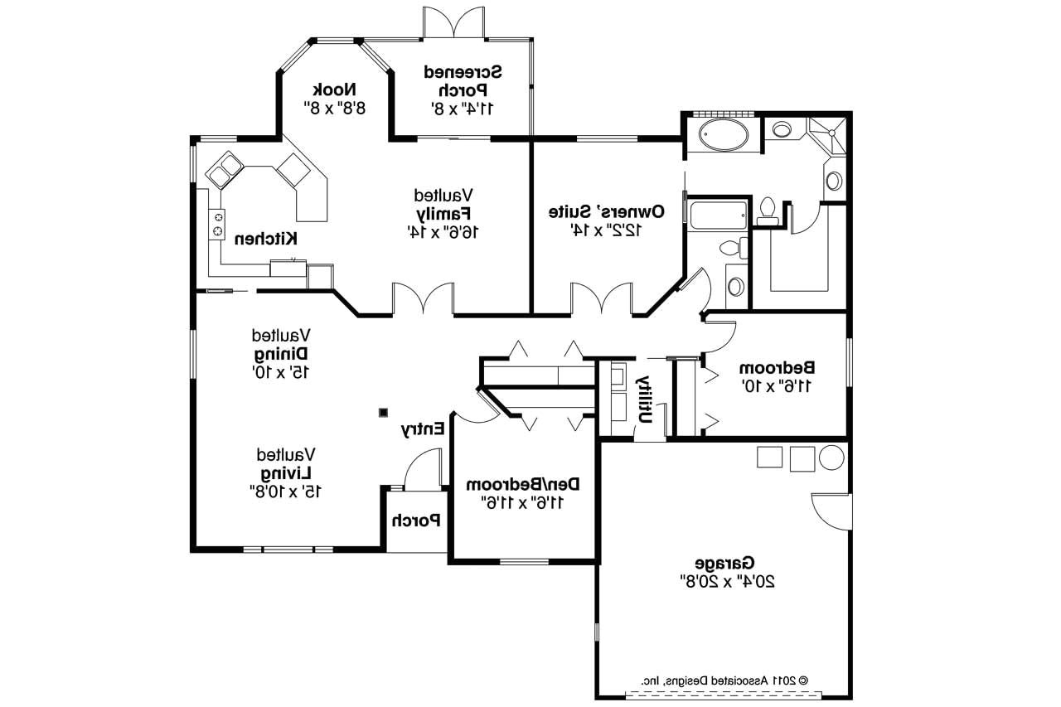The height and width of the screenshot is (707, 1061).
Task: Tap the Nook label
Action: click(x=336, y=90)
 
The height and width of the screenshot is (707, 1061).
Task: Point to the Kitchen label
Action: click(x=265, y=239)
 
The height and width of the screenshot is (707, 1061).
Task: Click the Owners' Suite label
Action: click(x=606, y=211)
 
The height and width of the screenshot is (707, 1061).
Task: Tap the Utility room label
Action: click(x=644, y=399)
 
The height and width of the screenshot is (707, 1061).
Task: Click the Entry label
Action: click(x=424, y=429)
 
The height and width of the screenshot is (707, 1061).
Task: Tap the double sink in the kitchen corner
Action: click(x=223, y=170)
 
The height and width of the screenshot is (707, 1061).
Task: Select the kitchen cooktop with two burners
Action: click(x=218, y=223)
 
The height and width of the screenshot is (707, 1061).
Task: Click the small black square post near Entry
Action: click(x=383, y=412)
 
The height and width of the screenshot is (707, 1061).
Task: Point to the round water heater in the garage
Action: click(x=831, y=458)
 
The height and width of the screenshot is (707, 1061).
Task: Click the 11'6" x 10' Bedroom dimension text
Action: click(x=777, y=385)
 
